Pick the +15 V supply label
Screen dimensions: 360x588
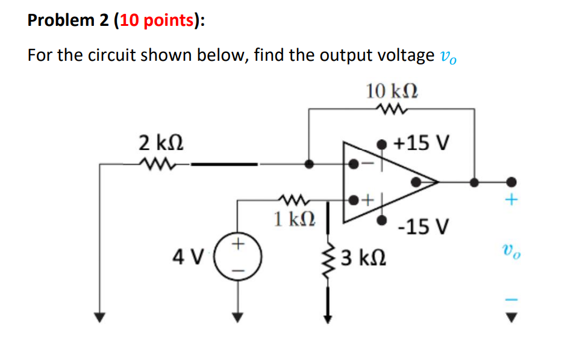[x=421, y=143]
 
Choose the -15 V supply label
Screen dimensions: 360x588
[x=424, y=227]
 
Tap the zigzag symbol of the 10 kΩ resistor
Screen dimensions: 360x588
[x=392, y=109]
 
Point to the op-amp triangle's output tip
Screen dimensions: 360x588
[x=435, y=181]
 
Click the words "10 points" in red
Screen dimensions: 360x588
[x=158, y=20]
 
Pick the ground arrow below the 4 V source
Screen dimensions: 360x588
[x=238, y=316]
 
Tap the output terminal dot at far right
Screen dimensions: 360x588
[x=511, y=181]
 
